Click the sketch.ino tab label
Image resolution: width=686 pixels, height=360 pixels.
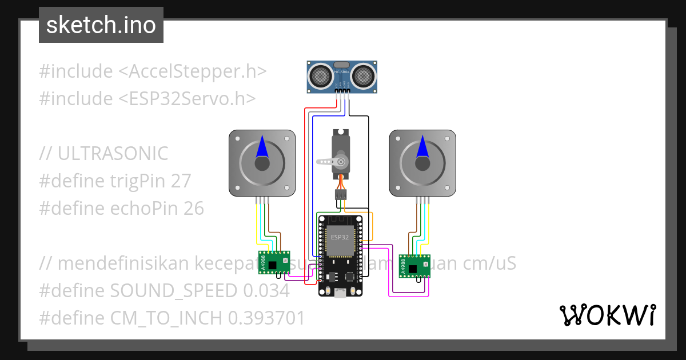coord(101,25)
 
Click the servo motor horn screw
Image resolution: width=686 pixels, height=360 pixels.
coord(341,162)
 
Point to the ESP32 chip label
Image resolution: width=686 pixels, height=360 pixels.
coord(340,236)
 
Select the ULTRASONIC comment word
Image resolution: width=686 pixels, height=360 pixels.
coord(113,153)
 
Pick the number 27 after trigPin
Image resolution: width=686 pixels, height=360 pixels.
coord(181,181)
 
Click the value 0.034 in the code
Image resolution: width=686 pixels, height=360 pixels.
coord(266,290)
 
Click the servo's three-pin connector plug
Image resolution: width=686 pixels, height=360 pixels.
coord(341,194)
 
